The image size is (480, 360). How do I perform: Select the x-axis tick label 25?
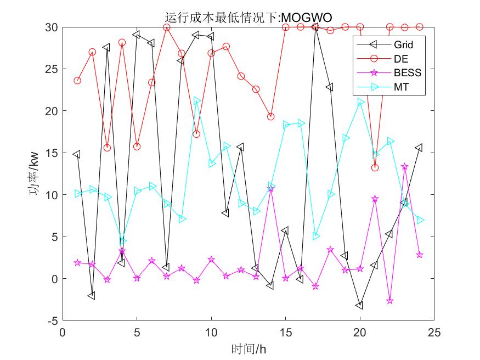coord(434,332)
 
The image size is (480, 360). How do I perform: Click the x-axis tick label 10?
coord(211,332)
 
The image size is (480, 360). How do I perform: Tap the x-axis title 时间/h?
coord(248,348)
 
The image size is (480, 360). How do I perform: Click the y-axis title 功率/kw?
coord(33,174)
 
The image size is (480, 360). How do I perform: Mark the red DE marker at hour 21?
coord(375,167)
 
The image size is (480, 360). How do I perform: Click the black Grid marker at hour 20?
coord(360,305)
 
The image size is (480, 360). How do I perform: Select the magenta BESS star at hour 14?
coord(270,189)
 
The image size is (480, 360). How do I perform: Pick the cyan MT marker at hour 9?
coord(196,101)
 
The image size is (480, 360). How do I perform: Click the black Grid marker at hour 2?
coord(92,296)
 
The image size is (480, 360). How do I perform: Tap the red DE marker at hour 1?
coord(77,81)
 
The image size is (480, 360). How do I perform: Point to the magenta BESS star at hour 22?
coord(389,301)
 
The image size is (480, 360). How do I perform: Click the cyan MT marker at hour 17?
coord(315,237)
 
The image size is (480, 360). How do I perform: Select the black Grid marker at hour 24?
coord(419,148)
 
